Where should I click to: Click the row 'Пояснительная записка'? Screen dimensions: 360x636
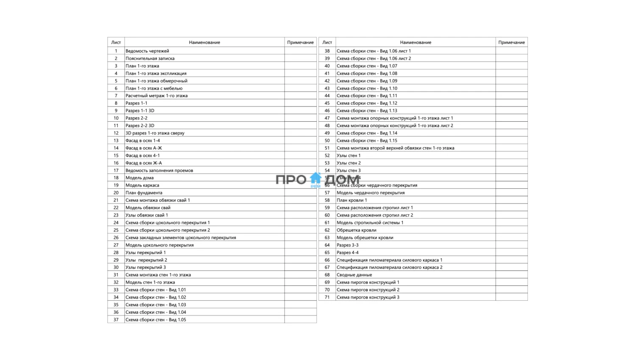coord(150,59)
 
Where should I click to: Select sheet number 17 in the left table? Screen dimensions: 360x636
coord(116,170)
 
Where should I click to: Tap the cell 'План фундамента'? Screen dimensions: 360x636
coord(144,193)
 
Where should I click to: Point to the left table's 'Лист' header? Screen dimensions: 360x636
coord(116,42)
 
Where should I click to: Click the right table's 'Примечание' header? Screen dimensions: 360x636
coord(511,42)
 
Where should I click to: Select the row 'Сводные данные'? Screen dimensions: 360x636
coord(354,275)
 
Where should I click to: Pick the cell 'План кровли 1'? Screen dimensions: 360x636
coord(351,200)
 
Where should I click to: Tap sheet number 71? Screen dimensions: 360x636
coord(327,297)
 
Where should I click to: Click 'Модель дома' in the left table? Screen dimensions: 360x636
coord(139,178)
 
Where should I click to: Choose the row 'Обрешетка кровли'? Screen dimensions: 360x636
coord(356,230)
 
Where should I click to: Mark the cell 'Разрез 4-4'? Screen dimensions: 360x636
coord(347,253)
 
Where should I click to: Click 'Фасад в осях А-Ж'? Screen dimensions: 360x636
coord(144,148)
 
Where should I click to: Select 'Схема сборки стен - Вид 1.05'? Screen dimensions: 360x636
coord(156,320)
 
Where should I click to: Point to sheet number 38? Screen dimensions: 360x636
coord(327,51)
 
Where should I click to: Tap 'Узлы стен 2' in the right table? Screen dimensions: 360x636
coord(349,163)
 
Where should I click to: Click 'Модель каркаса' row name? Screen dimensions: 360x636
coord(142,185)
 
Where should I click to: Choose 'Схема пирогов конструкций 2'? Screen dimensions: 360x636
coord(368,290)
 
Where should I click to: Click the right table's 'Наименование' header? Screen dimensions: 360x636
coord(416,42)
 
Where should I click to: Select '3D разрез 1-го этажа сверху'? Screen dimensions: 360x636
coord(155,133)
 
